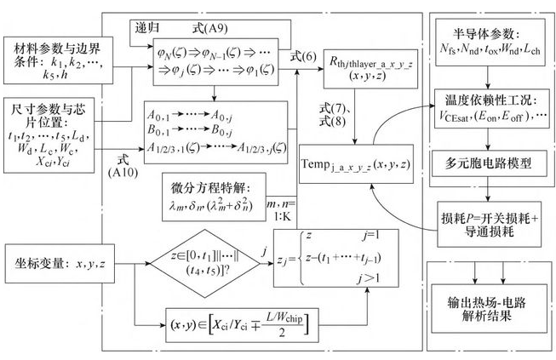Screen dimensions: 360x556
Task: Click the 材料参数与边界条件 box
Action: click(x=48, y=57)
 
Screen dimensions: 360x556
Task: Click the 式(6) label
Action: click(x=300, y=56)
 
